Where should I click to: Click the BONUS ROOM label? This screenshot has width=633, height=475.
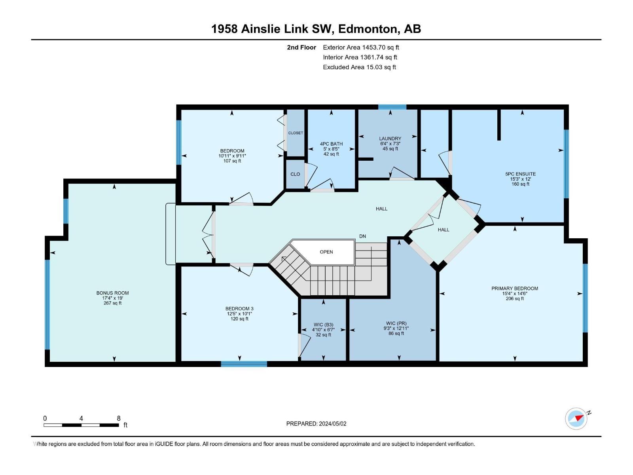(x=112, y=293)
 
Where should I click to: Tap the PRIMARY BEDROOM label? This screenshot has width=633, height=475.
(x=514, y=289)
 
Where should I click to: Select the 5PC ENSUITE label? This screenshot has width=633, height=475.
(x=520, y=174)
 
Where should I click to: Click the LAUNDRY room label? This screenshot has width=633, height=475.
(x=390, y=139)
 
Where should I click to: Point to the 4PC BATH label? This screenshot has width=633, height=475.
(x=331, y=144)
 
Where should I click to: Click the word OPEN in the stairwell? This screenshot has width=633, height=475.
(x=326, y=252)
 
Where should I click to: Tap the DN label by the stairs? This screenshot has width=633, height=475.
(x=362, y=236)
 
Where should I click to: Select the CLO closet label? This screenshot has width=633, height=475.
(x=295, y=174)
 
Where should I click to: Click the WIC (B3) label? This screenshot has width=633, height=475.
(x=323, y=325)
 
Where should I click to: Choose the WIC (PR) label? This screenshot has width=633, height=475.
(x=396, y=323)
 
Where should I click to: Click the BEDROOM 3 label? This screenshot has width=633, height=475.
(x=239, y=309)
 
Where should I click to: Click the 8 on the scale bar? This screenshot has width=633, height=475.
(x=119, y=418)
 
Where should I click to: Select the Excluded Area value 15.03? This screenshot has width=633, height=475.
(x=373, y=67)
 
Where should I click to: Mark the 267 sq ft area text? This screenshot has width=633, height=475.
(x=112, y=303)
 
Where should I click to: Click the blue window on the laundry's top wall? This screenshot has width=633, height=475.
(x=392, y=107)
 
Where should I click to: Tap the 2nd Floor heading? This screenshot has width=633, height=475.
(x=301, y=47)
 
